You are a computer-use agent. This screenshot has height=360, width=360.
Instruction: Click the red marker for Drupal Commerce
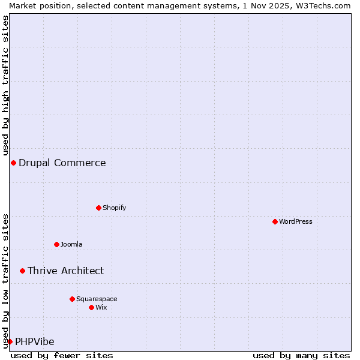tap(13, 163)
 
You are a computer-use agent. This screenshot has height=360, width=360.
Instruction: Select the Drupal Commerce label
tap(62, 163)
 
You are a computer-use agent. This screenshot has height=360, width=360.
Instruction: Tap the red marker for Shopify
tap(98, 208)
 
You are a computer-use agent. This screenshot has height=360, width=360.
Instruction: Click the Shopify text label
tap(114, 208)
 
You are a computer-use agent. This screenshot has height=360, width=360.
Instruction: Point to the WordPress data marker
tap(275, 221)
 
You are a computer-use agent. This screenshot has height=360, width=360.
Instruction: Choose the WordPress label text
tap(295, 222)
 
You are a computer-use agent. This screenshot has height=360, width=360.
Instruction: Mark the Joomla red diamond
tap(56, 244)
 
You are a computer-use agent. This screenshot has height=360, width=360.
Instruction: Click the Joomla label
tap(71, 245)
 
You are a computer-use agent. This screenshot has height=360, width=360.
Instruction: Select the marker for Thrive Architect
tap(22, 271)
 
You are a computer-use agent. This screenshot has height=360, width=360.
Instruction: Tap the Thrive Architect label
tap(65, 271)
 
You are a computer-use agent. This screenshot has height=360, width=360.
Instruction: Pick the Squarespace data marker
tap(72, 299)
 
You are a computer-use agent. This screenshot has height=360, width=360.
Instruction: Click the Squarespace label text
tap(97, 299)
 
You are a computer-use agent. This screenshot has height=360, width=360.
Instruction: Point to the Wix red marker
tap(91, 307)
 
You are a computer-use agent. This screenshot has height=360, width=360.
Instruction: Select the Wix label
tap(101, 308)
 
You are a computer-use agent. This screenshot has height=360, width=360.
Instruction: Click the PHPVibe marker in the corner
tap(10, 341)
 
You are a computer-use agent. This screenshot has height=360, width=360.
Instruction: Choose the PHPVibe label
tap(34, 342)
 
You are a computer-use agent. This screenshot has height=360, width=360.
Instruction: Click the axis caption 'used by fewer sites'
tap(62, 356)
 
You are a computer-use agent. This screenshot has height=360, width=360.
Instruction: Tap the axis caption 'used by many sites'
tap(301, 356)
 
